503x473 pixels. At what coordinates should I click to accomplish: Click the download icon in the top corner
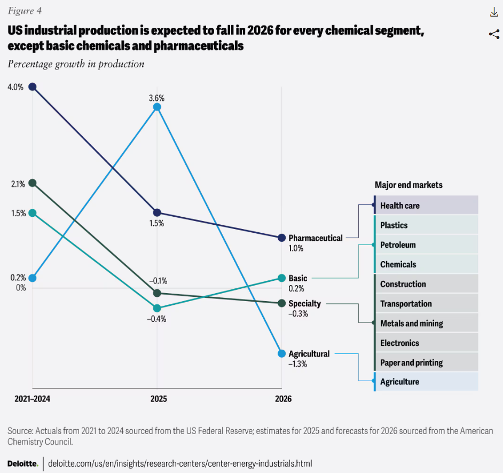click(x=493, y=13)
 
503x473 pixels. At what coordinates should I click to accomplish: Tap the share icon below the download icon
click(x=493, y=35)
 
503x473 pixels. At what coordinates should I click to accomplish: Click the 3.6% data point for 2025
click(x=157, y=107)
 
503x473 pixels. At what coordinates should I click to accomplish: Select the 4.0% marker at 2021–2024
click(x=33, y=86)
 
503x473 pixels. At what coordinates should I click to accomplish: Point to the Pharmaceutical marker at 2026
click(x=281, y=238)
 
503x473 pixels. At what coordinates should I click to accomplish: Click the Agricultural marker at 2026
click(x=281, y=353)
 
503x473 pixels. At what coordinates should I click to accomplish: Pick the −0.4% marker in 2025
click(x=157, y=308)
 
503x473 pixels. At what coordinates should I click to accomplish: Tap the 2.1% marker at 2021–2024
click(x=33, y=183)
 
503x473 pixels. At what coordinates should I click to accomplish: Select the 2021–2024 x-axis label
click(x=33, y=399)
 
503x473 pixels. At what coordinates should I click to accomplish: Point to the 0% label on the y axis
click(x=21, y=288)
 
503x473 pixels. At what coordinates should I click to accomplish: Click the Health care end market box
click(x=426, y=206)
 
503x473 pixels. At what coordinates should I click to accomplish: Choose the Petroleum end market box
click(x=426, y=245)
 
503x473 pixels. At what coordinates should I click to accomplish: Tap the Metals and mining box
click(x=426, y=324)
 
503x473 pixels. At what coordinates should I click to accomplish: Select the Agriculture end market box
click(x=426, y=382)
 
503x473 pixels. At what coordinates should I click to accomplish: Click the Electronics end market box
click(x=426, y=343)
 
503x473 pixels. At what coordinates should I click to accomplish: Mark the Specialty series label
click(x=304, y=304)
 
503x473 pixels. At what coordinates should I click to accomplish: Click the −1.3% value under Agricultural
click(x=298, y=364)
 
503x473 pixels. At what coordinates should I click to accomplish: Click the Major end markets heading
click(x=408, y=185)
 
